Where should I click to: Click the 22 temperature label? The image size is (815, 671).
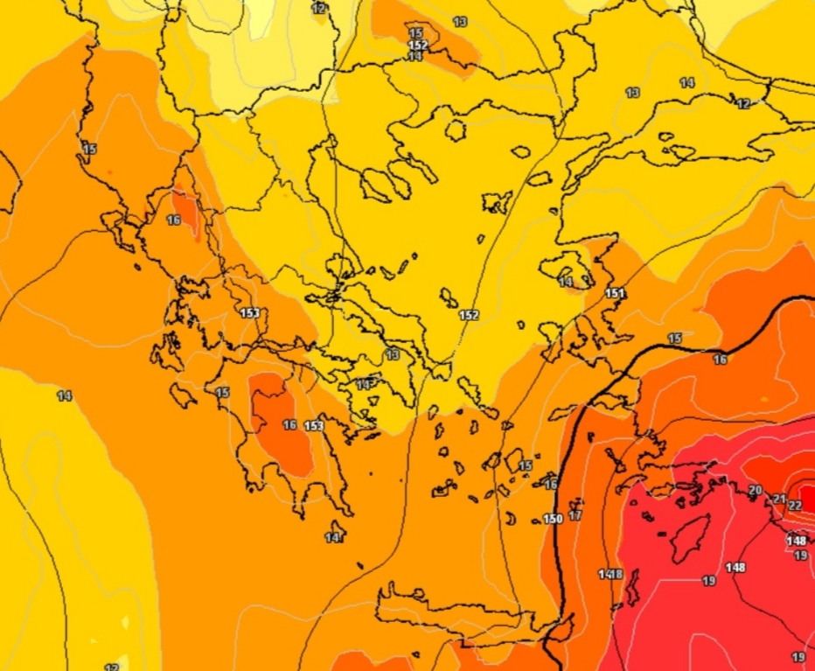coord(795,506)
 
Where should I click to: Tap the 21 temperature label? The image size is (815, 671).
coord(779,499)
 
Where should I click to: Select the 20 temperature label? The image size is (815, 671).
coord(756,490)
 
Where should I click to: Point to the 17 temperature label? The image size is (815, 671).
coord(575,515)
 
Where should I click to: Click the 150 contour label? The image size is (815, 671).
coord(553,519)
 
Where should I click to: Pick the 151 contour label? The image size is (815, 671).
coord(615,293)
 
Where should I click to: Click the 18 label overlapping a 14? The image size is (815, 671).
coord(616,574)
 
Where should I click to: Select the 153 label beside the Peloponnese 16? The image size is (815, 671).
coord(314,426)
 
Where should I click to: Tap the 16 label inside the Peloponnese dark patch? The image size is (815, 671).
coord(290,425)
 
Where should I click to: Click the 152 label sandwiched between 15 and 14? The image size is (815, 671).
coord(418,45)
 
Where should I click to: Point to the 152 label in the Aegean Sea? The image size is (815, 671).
coord(469,315)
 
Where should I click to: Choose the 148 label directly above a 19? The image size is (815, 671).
coord(796,541)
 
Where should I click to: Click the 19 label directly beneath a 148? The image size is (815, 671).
coord(800,556)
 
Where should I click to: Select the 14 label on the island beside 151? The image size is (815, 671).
coord(567,282)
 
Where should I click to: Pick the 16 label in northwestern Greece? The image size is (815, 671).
coord(173,220)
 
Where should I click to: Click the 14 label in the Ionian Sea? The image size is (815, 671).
coord(64,396)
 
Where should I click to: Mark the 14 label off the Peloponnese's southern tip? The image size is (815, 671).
coord(332,538)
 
